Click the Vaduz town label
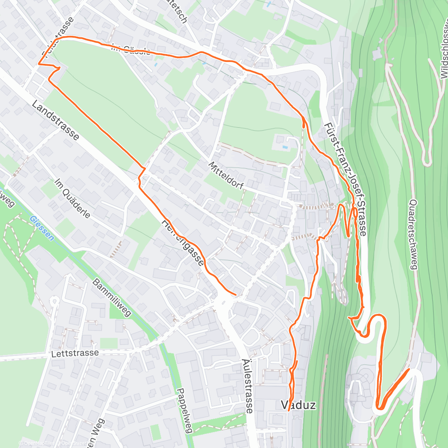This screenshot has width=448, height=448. coord(298,405)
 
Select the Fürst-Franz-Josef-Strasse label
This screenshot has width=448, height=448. coord(345,179)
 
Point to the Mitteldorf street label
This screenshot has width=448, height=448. coord(226,175)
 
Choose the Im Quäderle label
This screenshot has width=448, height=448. coord(72,198)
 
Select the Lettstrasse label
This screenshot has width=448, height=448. coord(76,353)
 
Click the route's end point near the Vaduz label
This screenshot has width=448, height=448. coord(289,410)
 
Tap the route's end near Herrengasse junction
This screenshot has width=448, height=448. coord(236,295)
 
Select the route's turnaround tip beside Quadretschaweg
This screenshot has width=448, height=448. coord(409,370)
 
